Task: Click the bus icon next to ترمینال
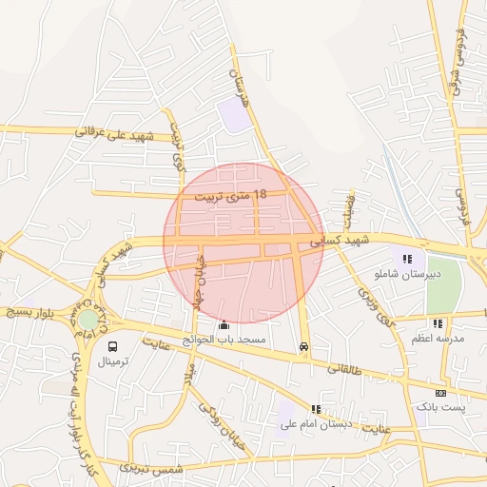click(113, 347)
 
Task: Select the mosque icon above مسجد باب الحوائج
click(224, 324)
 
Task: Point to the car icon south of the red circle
click(303, 347)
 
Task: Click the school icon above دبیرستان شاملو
click(407, 259)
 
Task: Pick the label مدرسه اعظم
click(438, 339)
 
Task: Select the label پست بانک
click(440, 407)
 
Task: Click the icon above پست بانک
click(440, 393)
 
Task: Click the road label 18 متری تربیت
click(230, 196)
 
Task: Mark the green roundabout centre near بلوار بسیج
click(88, 320)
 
